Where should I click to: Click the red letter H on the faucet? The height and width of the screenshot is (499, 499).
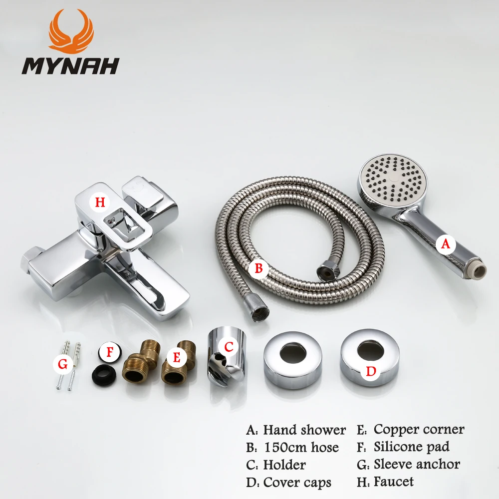[101, 202]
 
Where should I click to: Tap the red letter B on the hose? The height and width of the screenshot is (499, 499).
[258, 268]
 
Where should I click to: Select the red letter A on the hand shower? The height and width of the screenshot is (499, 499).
[446, 244]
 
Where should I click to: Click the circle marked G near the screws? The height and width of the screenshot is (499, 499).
[63, 365]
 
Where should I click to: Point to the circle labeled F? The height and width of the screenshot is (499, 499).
[110, 352]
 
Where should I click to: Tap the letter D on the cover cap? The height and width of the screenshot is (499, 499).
[370, 371]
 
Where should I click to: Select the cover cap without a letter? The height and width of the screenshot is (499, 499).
[293, 360]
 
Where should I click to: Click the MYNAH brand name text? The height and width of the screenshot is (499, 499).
[70, 65]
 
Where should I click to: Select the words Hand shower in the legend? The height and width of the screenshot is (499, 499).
[304, 430]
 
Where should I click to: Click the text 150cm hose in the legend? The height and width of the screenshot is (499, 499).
[301, 448]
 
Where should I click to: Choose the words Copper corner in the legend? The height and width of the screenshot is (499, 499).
[419, 429]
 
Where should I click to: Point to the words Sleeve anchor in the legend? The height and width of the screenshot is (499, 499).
[417, 464]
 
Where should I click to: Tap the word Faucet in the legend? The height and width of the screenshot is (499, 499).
[394, 482]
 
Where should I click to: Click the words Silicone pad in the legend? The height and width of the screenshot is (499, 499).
[411, 447]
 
